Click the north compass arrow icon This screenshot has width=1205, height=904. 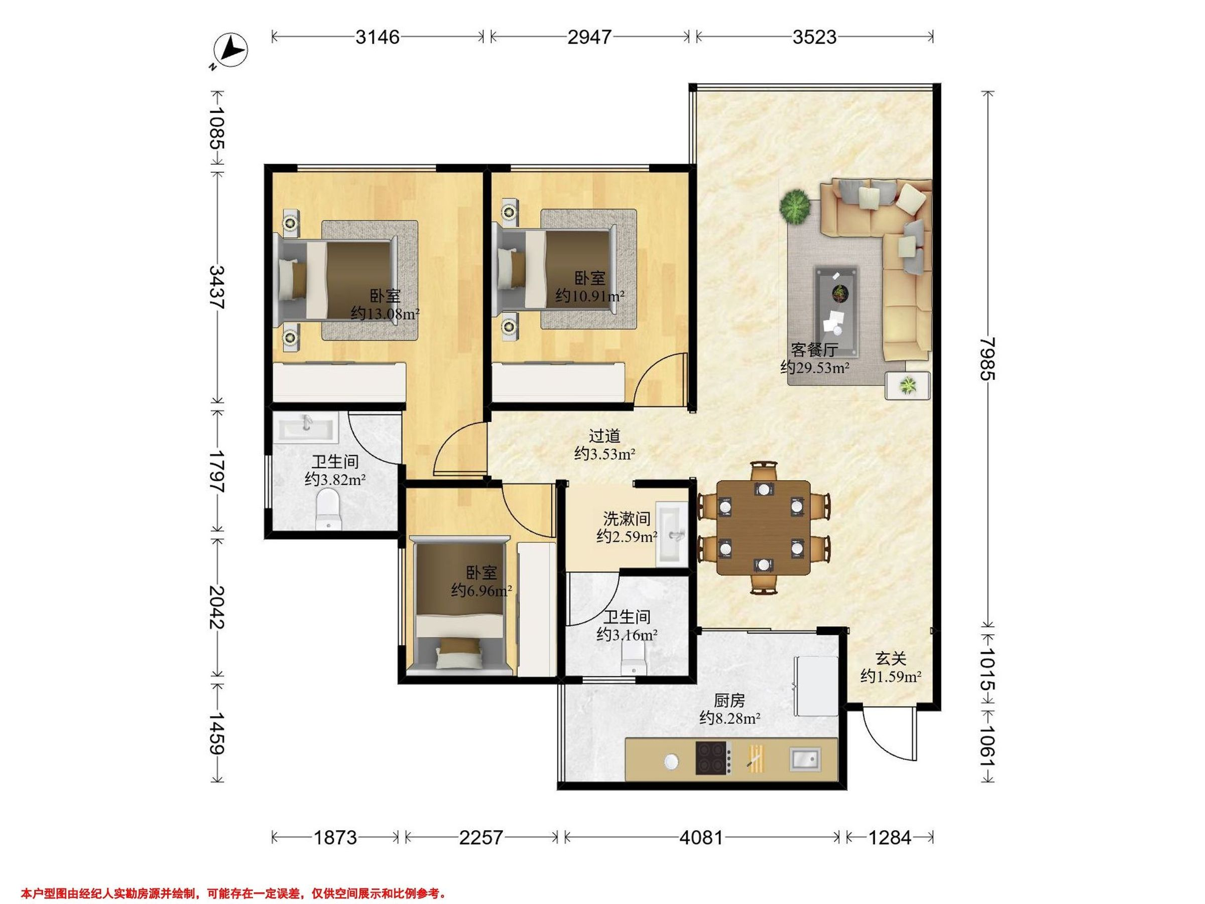pos(233,51)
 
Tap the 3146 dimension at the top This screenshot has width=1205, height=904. pos(378,37)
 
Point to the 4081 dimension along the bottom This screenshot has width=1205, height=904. pos(701,837)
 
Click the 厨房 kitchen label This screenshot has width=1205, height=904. pos(729,700)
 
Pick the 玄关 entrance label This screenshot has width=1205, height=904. pos(891,659)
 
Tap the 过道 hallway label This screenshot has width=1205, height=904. pos(605,435)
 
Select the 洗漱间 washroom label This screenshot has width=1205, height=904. pos(627,518)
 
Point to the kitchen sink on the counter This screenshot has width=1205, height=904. pos(804,759)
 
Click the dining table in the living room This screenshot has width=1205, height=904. pos(763,527)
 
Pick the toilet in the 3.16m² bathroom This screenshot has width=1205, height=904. pos(633,660)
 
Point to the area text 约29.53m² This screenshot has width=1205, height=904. pos(814,367)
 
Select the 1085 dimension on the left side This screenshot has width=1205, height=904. pos(217,128)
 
